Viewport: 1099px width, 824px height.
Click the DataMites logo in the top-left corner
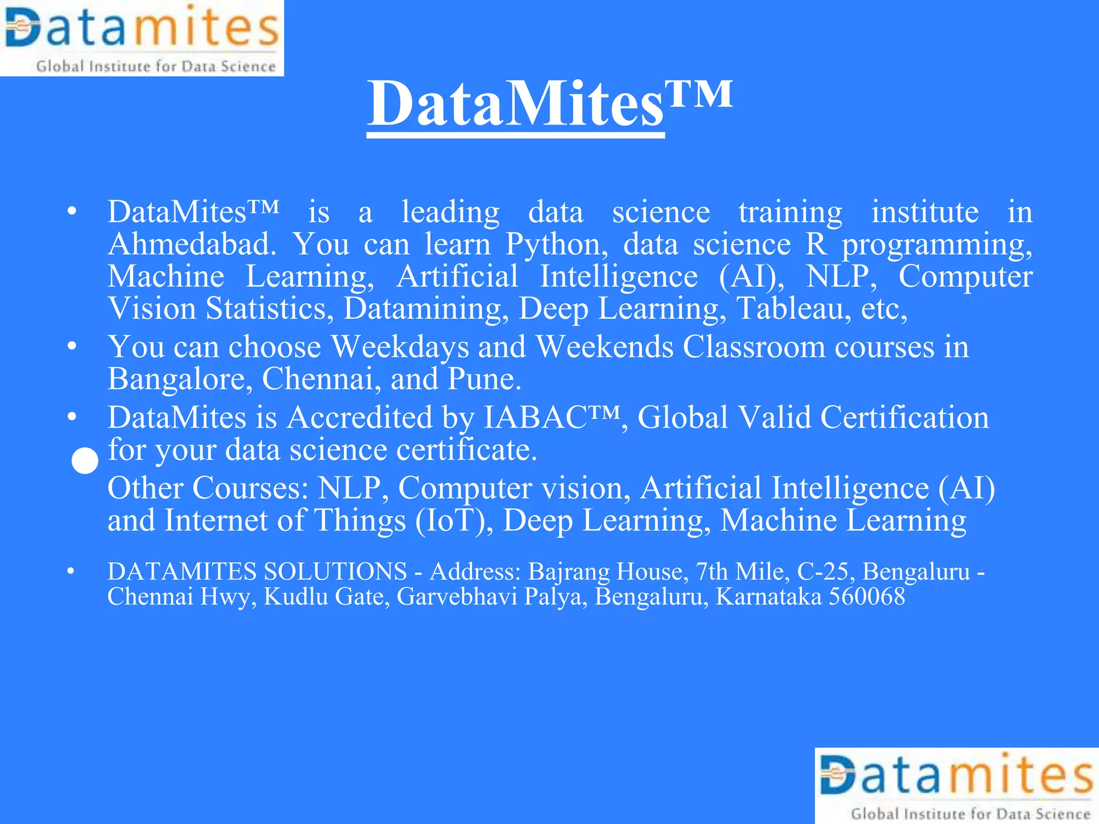point(142,38)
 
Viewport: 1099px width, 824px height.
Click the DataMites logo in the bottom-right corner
point(957,786)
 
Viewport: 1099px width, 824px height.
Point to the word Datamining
point(426,309)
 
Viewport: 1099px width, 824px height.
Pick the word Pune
point(484,379)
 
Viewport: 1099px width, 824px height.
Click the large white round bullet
point(85,461)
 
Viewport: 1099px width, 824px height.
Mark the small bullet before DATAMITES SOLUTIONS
point(70,572)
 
